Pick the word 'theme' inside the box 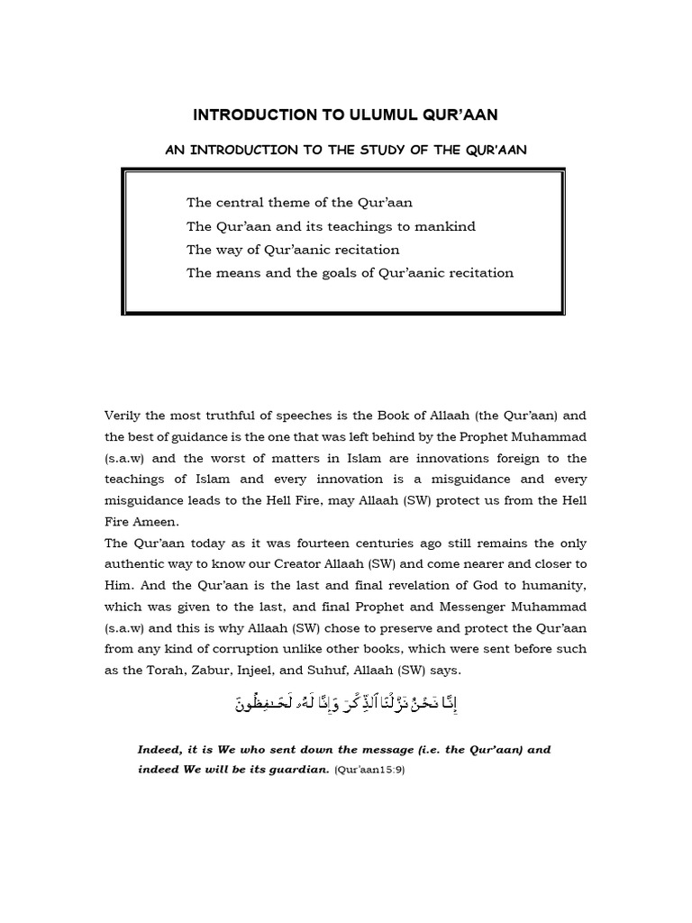tap(291, 203)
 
